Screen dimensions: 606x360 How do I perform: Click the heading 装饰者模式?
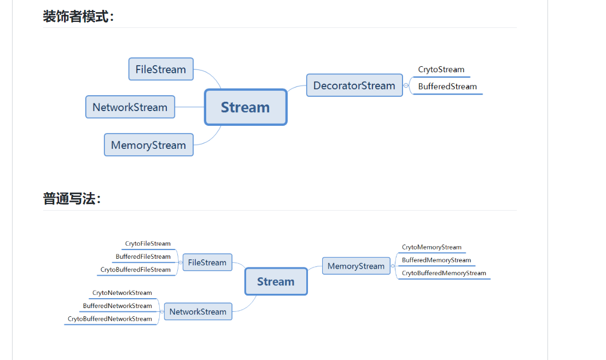[x=78, y=16]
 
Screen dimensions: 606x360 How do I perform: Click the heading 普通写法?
[x=72, y=199]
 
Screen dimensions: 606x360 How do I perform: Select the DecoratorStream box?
[x=354, y=85]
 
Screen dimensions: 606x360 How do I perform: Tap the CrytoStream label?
[x=441, y=69]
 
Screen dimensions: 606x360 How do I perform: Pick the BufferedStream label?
[x=447, y=86]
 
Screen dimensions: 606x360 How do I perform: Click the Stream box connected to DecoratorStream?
[x=246, y=107]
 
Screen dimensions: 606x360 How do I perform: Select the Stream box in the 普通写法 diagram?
[x=276, y=282]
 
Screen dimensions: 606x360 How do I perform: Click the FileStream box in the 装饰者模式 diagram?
[x=161, y=69]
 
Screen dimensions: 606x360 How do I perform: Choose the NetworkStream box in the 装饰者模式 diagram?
[x=130, y=107]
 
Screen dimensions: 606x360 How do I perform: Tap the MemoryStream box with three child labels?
[x=356, y=266]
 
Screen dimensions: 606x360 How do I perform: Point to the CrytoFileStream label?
[x=148, y=243]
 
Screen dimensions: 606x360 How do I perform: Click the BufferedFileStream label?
[x=143, y=257]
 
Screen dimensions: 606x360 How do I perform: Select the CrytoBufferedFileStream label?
[x=135, y=270]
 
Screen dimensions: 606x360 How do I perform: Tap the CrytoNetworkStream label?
[x=122, y=293]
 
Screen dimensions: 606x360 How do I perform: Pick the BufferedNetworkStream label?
[x=118, y=306]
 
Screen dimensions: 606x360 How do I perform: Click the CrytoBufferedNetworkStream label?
[x=110, y=319]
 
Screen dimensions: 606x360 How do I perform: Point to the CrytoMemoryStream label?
[x=432, y=247]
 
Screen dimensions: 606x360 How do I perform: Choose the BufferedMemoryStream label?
[x=436, y=260]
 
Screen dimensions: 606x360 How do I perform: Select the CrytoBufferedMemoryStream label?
[x=444, y=274]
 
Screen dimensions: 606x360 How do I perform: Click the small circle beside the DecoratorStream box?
[x=406, y=85]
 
